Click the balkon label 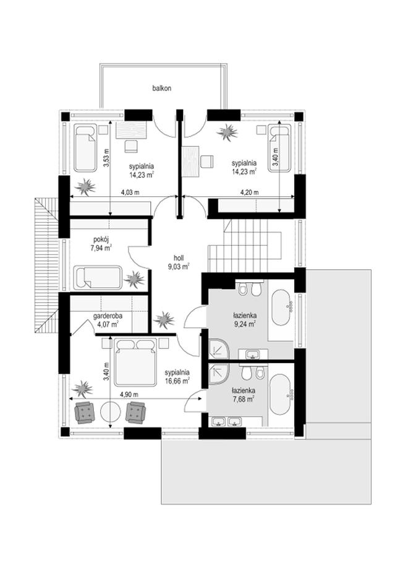pos(162,88)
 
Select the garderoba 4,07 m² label pos(108,319)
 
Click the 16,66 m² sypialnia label pos(177,377)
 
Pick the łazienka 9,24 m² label pos(245,319)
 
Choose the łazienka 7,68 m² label pos(244,395)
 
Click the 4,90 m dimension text pos(129,394)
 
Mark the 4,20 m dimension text pos(249,192)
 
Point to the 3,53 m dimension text pos(106,158)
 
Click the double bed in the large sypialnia pos(135,362)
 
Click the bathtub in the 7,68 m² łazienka pos(281,394)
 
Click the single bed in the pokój pos(98,277)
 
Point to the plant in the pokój pos(134,280)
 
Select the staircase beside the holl pos(245,246)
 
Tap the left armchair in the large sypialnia pos(84,412)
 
